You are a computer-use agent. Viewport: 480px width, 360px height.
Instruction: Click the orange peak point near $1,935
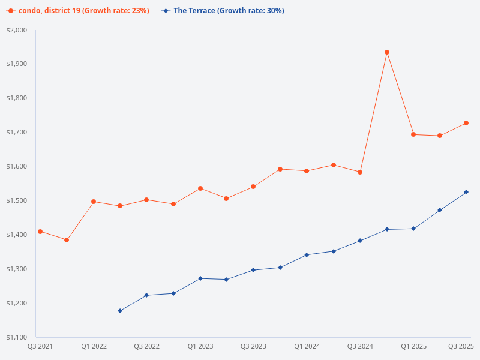pos(387,52)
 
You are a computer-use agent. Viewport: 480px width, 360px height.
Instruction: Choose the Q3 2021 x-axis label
pos(40,346)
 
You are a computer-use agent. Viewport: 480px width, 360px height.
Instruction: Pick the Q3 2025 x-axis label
pos(461,346)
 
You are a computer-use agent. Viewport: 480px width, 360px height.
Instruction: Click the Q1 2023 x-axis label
pos(200,346)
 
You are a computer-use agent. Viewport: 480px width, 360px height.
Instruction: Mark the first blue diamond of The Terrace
pos(120,311)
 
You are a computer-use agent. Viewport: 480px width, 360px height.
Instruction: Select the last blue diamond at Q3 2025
pos(466,192)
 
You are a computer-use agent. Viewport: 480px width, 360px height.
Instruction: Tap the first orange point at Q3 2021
pos(40,232)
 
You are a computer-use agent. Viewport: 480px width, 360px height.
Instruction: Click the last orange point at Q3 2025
pos(466,123)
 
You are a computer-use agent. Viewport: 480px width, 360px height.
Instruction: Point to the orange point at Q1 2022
pos(94,202)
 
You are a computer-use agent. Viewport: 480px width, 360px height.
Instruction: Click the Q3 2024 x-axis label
pos(360,346)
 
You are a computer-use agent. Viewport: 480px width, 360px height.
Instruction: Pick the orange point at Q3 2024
pos(360,172)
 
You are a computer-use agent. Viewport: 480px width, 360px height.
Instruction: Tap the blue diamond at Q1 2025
pos(413,229)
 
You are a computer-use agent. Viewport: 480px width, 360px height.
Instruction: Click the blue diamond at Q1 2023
pos(200,278)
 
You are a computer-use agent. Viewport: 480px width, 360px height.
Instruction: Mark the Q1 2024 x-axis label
pos(307,346)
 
